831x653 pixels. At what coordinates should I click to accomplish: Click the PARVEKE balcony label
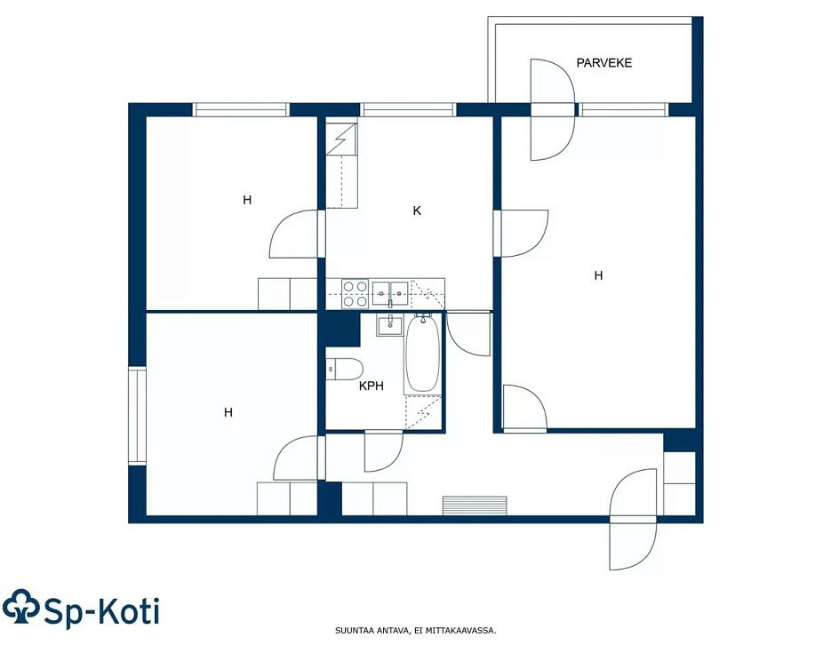pos(603,63)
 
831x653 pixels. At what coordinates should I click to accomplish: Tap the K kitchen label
pos(417,211)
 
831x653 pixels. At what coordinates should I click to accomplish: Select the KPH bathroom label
pos(371,386)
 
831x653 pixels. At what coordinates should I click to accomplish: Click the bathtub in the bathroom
pos(422,353)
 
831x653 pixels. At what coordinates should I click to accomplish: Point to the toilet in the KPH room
pos(344,369)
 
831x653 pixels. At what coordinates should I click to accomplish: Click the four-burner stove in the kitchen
pos(355,294)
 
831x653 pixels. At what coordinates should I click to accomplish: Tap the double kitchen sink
pos(390,294)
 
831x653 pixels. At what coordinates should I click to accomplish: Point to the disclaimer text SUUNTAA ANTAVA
pos(372,631)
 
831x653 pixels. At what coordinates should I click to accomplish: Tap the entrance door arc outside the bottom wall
pos(634,546)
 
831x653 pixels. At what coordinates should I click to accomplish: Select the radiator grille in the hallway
pos(475,506)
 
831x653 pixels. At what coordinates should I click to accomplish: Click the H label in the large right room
pos(598,275)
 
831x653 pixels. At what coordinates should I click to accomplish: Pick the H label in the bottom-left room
pos(228,412)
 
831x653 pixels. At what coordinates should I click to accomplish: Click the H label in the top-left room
pos(247,200)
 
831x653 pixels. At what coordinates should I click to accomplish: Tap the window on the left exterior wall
pos(137,415)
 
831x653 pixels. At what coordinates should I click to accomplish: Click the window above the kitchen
pos(408,109)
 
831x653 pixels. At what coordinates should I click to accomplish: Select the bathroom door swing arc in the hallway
pos(384,451)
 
